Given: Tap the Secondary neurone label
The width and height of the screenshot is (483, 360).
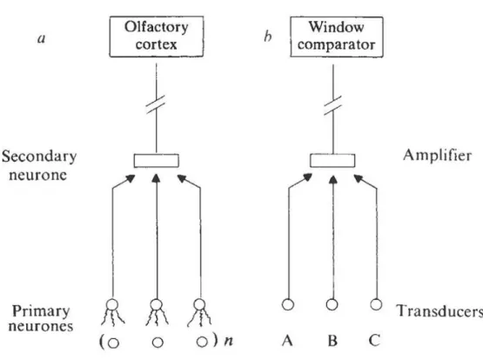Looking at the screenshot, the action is [39, 165].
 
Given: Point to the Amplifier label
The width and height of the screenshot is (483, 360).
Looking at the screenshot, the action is [438, 155].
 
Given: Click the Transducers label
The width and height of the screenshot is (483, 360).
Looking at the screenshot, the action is [439, 310].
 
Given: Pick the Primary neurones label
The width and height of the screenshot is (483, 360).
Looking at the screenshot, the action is [41, 318].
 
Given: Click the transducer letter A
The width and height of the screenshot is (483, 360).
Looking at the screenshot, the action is [287, 341].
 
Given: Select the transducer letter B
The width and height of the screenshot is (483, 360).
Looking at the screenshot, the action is [332, 341].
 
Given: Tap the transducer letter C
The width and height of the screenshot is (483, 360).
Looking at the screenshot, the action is [374, 341].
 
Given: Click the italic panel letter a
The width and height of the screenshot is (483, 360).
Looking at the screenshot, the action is [42, 39].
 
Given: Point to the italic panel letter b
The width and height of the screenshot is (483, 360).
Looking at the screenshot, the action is [268, 37].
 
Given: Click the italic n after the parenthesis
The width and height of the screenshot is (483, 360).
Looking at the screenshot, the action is [228, 341].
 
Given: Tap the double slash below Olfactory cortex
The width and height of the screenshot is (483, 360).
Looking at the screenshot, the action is [156, 104].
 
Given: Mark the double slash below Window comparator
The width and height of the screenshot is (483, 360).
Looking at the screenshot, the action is [332, 105].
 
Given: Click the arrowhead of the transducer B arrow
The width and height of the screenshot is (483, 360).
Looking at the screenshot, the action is [332, 179].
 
